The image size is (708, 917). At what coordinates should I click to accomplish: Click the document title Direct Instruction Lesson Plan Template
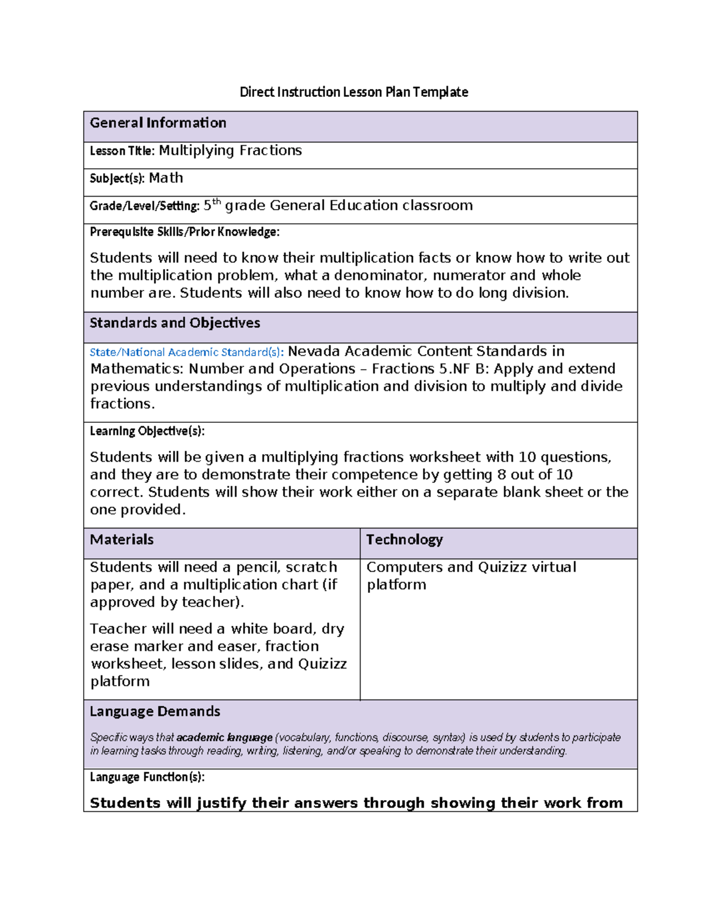click(353, 92)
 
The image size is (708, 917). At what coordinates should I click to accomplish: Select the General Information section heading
click(158, 123)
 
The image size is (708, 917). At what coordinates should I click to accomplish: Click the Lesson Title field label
click(122, 151)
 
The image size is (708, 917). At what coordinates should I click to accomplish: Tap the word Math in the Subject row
click(166, 178)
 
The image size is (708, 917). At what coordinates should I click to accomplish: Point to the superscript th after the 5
click(217, 202)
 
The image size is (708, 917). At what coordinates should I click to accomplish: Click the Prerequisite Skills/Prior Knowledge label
click(184, 232)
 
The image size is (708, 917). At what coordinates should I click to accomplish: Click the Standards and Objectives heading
click(175, 323)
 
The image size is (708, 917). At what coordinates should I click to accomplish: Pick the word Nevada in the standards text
click(314, 351)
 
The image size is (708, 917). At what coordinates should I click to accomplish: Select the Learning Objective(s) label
click(147, 431)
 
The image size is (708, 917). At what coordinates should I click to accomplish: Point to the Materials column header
click(122, 540)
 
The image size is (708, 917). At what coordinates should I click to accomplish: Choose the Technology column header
click(404, 540)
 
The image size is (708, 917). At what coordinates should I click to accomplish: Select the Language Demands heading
click(155, 712)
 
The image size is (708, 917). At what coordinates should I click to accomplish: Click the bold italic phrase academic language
click(224, 737)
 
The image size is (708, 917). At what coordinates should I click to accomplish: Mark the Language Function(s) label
click(147, 777)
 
